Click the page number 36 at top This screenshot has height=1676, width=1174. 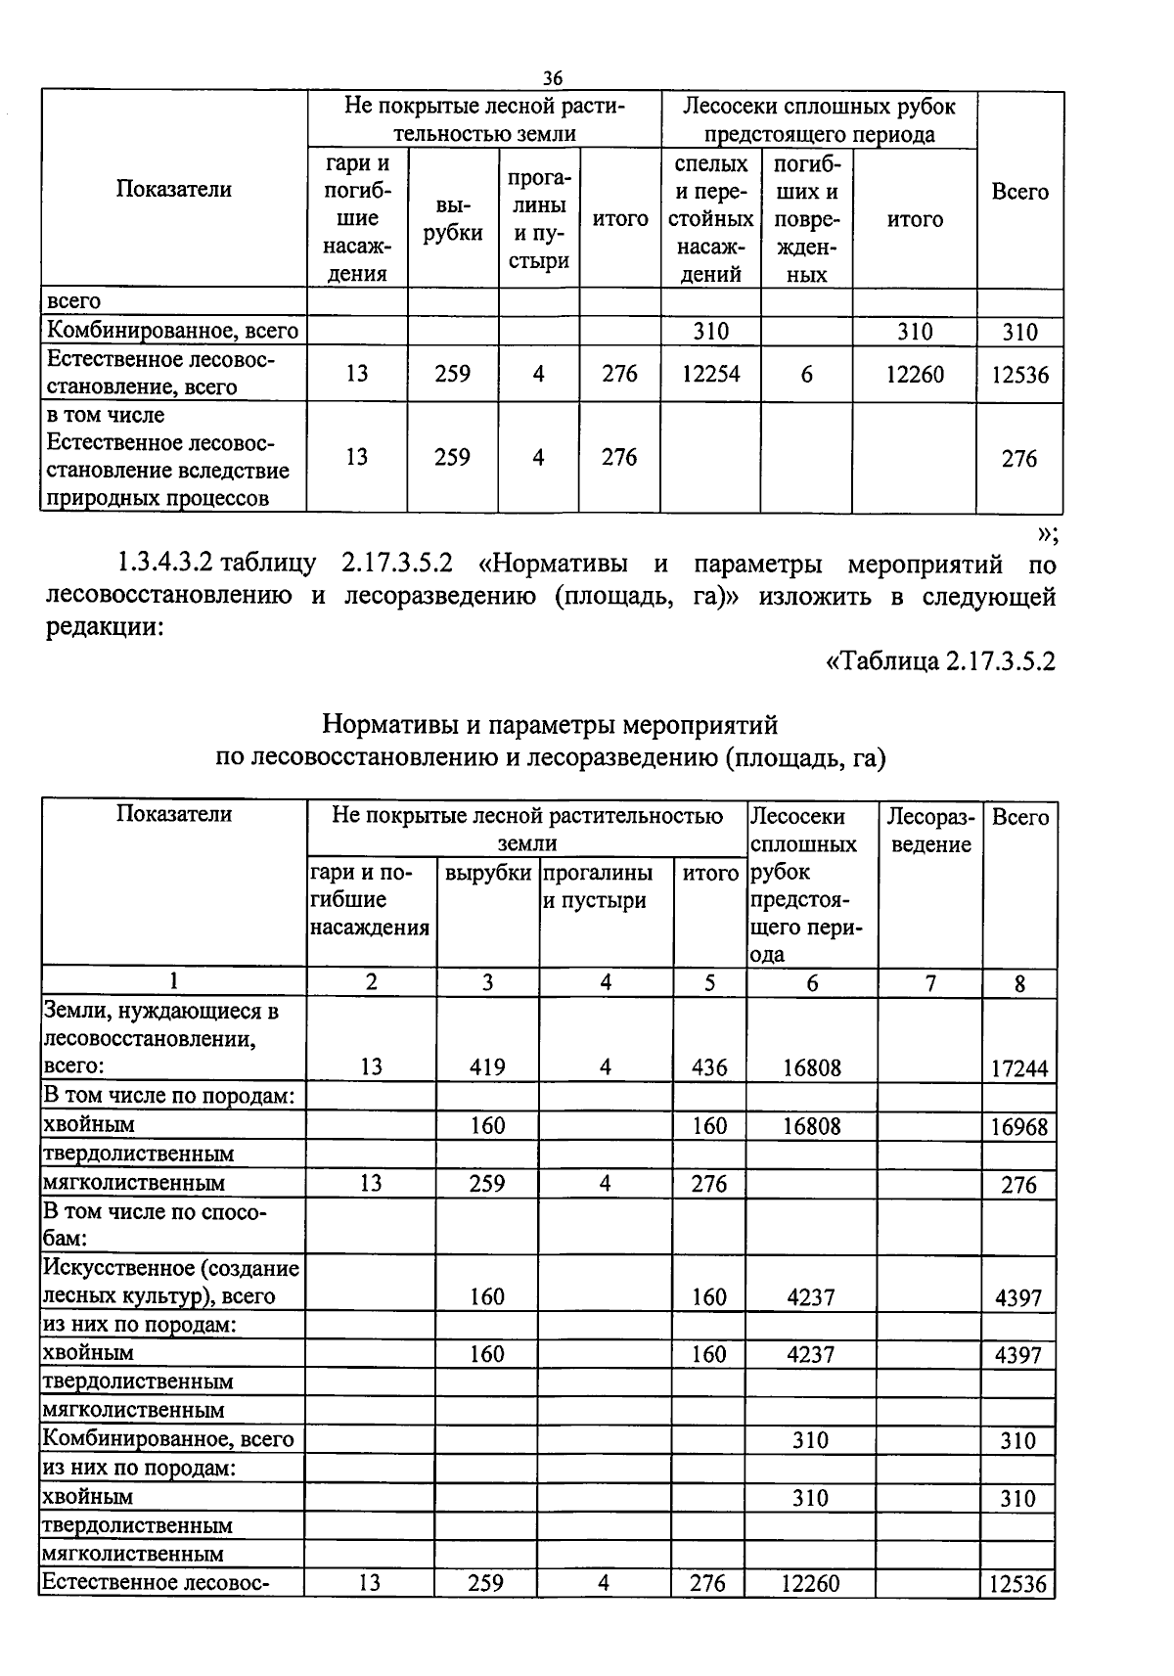(x=553, y=78)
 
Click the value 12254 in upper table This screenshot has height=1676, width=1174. (x=710, y=374)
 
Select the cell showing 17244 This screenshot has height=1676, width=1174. (x=1019, y=1068)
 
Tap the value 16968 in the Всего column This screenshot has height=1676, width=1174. (x=1019, y=1127)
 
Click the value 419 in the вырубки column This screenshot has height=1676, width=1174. (x=487, y=1066)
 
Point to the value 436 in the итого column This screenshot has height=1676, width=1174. (x=709, y=1066)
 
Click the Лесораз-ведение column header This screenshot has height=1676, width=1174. (x=930, y=830)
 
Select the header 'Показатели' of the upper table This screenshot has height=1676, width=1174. (x=174, y=189)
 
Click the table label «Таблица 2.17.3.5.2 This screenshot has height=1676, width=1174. (x=940, y=660)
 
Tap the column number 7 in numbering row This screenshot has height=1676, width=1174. (x=930, y=982)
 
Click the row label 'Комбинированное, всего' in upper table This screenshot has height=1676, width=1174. (x=172, y=331)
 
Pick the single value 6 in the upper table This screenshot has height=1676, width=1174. (x=806, y=374)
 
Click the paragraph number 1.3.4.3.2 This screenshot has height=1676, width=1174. (x=167, y=565)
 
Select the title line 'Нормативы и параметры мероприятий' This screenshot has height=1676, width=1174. (x=550, y=725)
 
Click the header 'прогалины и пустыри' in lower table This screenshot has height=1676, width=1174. (x=599, y=885)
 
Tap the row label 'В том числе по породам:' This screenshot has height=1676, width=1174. (x=169, y=1096)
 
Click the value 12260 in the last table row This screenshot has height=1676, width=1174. (x=810, y=1582)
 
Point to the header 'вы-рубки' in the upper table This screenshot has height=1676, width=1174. (x=453, y=219)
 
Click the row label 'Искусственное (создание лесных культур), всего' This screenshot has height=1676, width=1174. (x=171, y=1282)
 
